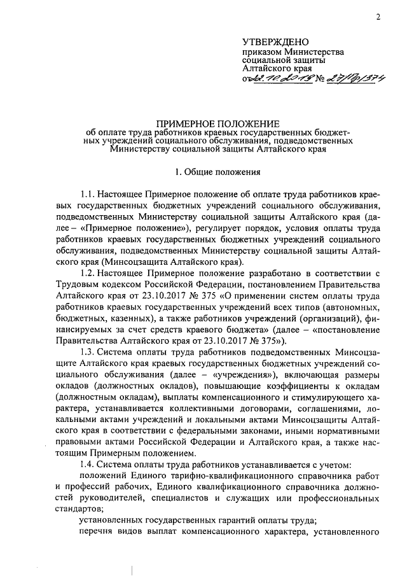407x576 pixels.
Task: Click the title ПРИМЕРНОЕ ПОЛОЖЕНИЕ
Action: pos(219,122)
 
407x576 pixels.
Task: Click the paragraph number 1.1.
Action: pos(88,192)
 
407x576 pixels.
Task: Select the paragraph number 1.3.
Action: pos(88,353)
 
